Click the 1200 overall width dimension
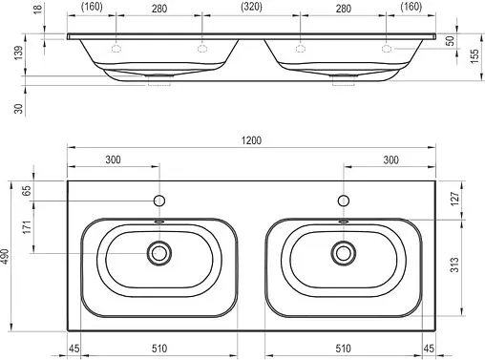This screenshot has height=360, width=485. [251, 140]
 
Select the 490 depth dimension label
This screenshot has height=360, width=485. [5, 256]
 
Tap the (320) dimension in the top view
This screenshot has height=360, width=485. [251, 7]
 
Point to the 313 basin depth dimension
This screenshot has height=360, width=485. [454, 265]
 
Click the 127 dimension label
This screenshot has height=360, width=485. [455, 199]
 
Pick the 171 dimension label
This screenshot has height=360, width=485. [27, 226]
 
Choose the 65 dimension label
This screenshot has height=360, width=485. [27, 190]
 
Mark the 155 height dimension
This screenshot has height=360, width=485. [474, 56]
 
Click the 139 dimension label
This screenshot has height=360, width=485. [19, 53]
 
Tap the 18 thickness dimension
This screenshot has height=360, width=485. [37, 9]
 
